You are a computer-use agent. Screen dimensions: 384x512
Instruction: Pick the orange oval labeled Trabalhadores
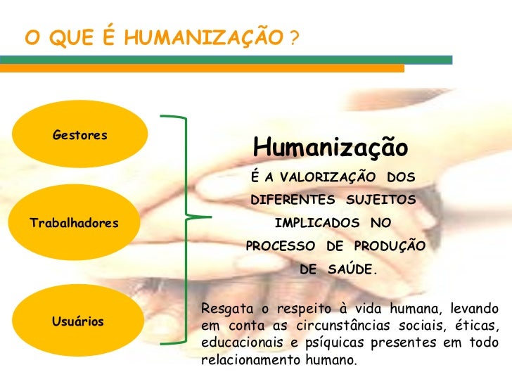[74, 223]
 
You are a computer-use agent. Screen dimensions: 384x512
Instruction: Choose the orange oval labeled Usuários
[77, 321]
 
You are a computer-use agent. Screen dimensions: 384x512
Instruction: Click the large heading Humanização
[330, 148]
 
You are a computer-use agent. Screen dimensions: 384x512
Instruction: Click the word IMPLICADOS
[317, 223]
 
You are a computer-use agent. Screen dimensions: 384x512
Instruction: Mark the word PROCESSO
[280, 246]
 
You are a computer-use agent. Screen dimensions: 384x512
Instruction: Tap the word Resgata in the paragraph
[225, 308]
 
